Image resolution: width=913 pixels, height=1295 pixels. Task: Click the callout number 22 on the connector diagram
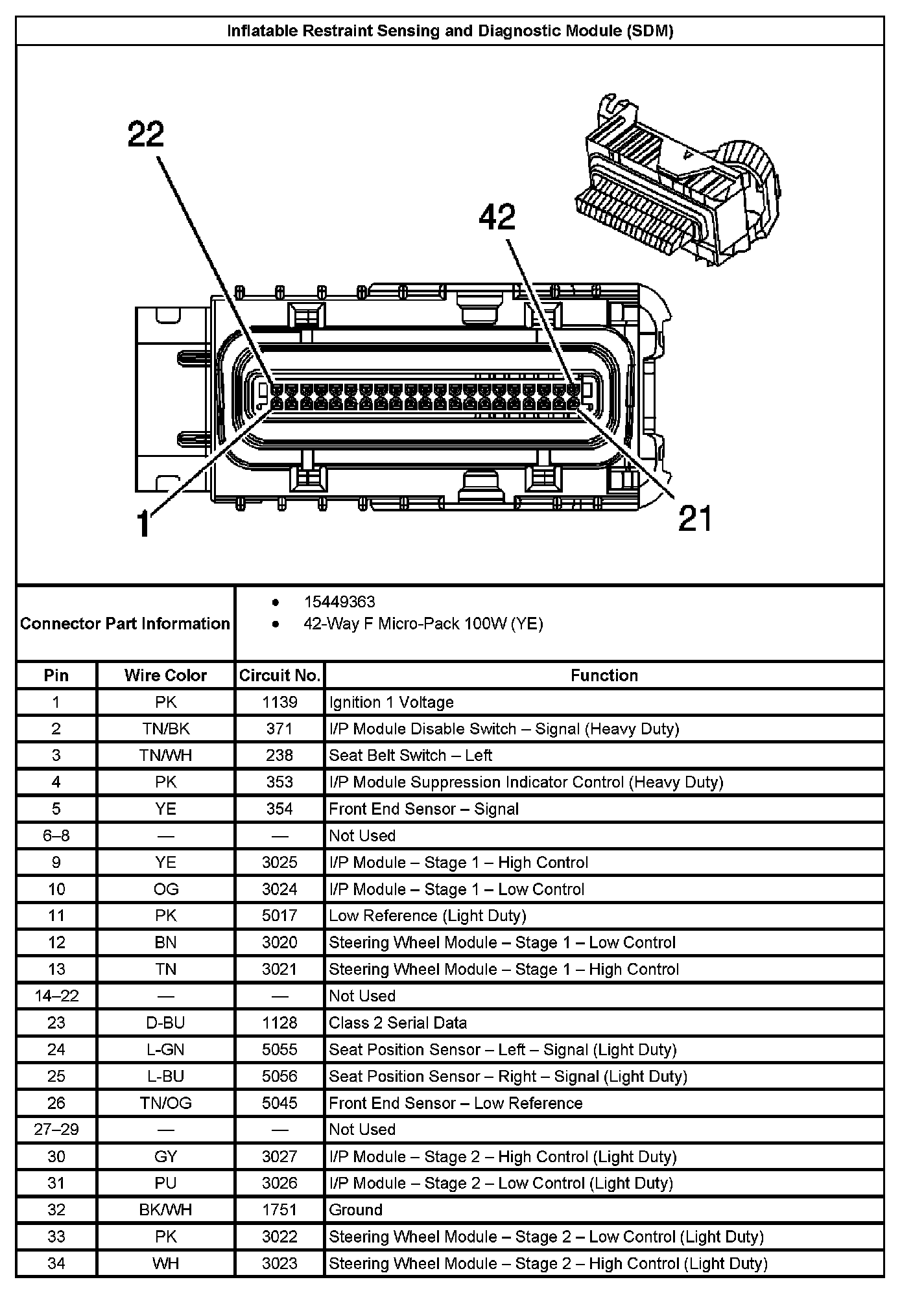click(x=146, y=135)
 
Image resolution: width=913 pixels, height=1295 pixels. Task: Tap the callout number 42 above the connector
click(x=497, y=217)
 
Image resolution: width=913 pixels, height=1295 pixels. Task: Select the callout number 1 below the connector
click(x=145, y=524)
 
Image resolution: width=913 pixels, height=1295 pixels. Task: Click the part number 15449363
click(x=339, y=602)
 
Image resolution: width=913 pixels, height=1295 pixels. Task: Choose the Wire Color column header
click(x=165, y=675)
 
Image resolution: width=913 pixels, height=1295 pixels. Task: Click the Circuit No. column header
click(x=279, y=675)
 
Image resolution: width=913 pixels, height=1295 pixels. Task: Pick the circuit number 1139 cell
click(x=279, y=702)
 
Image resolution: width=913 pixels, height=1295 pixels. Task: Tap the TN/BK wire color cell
click(x=165, y=729)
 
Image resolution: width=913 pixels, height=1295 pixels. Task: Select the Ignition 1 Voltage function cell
click(x=391, y=702)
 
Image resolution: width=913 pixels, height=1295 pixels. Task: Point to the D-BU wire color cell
click(x=165, y=1023)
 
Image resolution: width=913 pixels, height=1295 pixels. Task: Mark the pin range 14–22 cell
click(x=56, y=996)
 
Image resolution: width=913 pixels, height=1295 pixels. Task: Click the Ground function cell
click(x=355, y=1209)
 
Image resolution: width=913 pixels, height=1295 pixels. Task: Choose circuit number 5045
click(x=279, y=1103)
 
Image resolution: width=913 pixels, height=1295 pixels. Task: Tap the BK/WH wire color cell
click(x=165, y=1209)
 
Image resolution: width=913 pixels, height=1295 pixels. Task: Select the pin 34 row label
click(x=56, y=1263)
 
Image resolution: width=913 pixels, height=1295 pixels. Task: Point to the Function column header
click(x=604, y=675)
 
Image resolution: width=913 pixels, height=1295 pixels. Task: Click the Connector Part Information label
click(x=125, y=624)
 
